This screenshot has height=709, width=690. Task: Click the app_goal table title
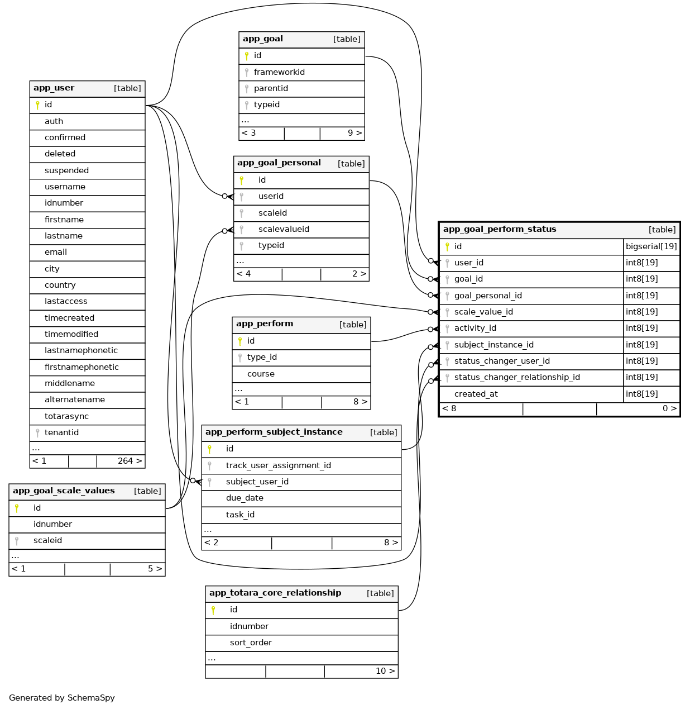tap(263, 39)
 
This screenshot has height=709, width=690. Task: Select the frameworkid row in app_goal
tap(279, 72)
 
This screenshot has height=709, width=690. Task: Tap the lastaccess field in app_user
tap(66, 301)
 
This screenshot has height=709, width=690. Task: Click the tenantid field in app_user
tap(61, 432)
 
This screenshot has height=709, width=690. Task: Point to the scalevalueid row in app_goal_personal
tap(284, 229)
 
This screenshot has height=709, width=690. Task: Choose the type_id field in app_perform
tap(262, 357)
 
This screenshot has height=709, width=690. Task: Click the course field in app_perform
tap(261, 374)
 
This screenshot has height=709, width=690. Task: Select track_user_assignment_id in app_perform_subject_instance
tap(278, 465)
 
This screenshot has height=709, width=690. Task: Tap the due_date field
tap(245, 498)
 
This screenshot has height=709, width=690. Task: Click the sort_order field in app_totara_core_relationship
tap(251, 643)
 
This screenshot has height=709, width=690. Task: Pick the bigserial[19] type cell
tap(651, 246)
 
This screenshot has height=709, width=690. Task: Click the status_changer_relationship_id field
tap(517, 377)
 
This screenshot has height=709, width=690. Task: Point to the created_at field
tap(476, 394)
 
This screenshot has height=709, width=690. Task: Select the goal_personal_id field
tap(488, 296)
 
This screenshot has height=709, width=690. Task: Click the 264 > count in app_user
tap(130, 461)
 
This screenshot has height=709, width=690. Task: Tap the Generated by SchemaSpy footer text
tap(62, 698)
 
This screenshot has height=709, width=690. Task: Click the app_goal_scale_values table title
tap(64, 491)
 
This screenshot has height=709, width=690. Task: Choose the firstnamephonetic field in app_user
tap(82, 367)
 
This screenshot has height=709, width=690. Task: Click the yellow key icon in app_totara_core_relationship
tap(213, 610)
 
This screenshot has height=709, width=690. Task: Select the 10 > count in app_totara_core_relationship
tap(385, 671)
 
